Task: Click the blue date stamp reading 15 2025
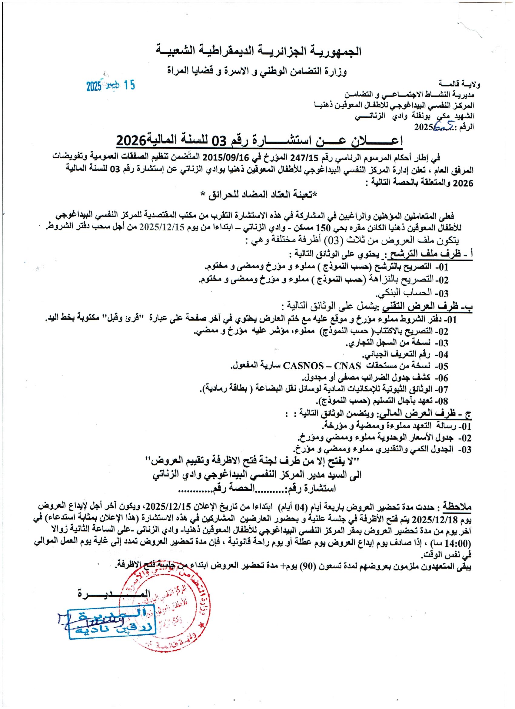(x=110, y=86)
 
